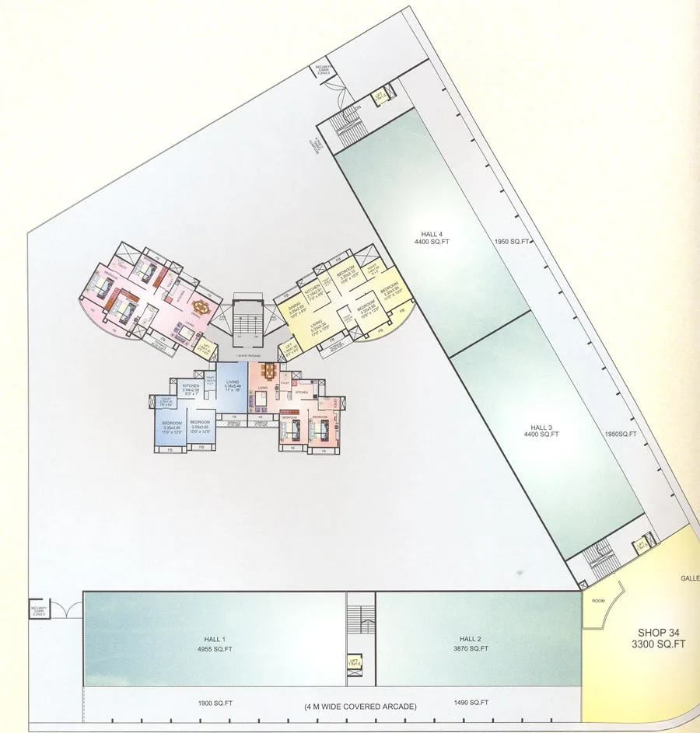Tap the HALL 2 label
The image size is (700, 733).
[473, 639]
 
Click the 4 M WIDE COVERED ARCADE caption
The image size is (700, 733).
[361, 707]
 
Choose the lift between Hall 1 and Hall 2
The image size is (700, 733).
[355, 661]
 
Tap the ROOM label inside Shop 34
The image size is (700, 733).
[599, 600]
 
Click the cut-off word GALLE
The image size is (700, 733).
[690, 578]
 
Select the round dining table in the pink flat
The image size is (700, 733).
[201, 306]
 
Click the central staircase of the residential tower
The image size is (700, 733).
[249, 319]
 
